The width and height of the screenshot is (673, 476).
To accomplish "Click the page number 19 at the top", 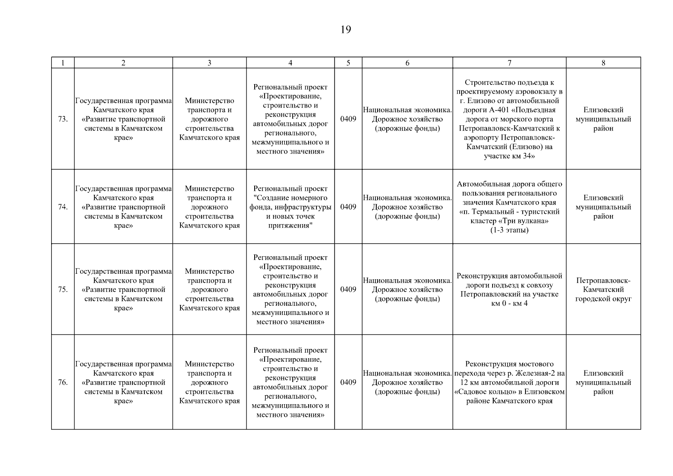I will [x=345, y=30].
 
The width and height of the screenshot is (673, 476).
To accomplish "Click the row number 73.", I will [x=63, y=119].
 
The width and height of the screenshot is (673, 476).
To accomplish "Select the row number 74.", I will [x=63, y=207].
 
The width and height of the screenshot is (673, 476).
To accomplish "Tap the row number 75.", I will [x=63, y=289].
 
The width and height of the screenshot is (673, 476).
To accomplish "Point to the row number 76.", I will [x=63, y=382].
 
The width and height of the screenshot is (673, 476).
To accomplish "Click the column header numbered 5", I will [x=348, y=63].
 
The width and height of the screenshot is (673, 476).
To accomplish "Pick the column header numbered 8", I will [x=603, y=63].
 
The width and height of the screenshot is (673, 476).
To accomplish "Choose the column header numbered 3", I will [x=209, y=63].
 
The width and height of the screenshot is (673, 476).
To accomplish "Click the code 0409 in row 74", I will [x=348, y=207].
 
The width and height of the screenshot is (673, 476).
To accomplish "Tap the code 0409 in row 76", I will [x=348, y=382].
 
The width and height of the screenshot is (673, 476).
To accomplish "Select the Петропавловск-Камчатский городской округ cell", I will [x=603, y=290].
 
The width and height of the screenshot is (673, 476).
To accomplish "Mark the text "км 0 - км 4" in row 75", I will [x=509, y=303].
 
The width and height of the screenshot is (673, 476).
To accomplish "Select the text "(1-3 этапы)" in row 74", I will [x=509, y=230].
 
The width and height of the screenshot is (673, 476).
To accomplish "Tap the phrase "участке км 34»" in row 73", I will [x=509, y=156].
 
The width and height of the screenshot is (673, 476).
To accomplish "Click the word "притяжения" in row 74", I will [x=290, y=226].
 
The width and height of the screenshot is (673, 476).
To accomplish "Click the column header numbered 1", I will [x=63, y=63].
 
